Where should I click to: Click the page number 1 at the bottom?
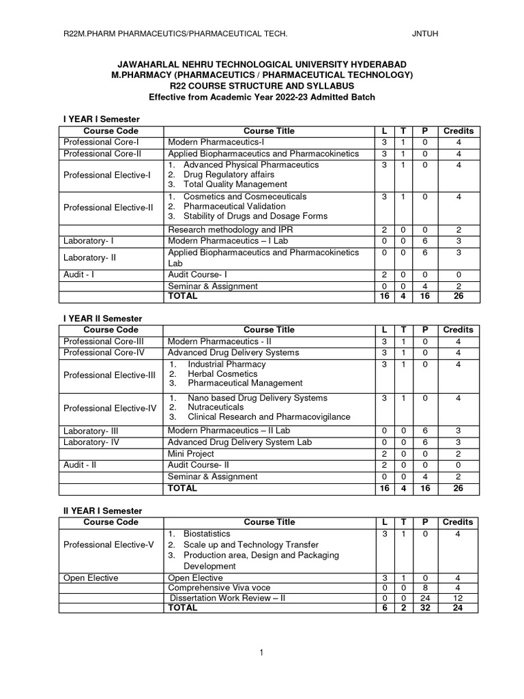click(261, 653)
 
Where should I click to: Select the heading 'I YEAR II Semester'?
click(103, 318)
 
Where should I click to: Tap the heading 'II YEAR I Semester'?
click(102, 511)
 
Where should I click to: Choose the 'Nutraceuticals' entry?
click(216, 407)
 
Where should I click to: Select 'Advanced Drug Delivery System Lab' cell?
click(239, 442)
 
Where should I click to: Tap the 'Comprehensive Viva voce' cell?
click(219, 588)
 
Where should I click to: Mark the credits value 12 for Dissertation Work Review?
click(458, 598)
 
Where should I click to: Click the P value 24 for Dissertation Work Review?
click(424, 598)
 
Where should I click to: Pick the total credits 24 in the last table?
click(458, 608)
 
